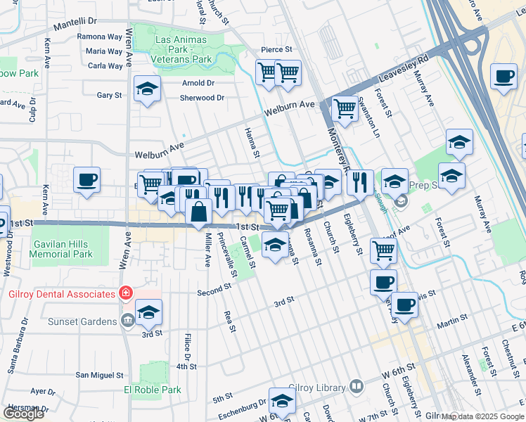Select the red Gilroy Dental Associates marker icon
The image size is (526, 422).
pos(126,293)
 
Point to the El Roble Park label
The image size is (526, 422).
pos(153,390)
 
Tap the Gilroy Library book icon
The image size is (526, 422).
pos(357,387)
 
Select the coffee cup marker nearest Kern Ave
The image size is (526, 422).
pos(86,179)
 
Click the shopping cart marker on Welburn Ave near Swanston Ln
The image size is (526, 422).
pos(345,108)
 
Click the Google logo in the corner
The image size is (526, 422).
pos(23,414)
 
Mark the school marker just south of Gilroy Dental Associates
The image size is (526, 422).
pos(148,312)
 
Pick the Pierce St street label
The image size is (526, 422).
pos(276,49)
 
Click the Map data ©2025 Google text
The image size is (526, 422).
pos(482,416)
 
